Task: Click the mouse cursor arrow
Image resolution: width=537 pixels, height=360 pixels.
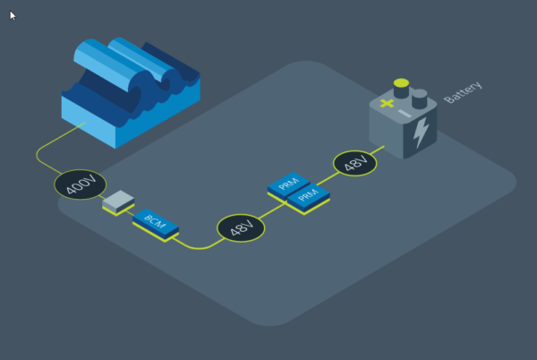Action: tap(13, 15)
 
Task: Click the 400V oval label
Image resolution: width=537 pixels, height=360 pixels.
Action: tap(81, 184)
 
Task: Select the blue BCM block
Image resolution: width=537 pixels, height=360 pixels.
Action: tap(156, 225)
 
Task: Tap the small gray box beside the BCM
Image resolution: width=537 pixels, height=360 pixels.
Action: tap(118, 202)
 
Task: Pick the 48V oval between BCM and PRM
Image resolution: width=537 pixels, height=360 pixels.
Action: tap(241, 227)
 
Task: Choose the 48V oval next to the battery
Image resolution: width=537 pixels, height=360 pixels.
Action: tap(354, 163)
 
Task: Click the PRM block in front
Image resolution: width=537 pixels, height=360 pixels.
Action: tap(308, 199)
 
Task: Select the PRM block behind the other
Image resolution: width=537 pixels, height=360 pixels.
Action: tap(289, 186)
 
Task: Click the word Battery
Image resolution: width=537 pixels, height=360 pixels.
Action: tap(463, 92)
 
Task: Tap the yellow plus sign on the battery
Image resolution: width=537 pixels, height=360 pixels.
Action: tap(387, 103)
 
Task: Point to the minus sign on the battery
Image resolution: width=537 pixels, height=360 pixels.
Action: tap(405, 114)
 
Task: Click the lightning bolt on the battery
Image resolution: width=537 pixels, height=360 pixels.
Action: tap(421, 133)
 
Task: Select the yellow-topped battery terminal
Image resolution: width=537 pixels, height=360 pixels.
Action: tap(401, 89)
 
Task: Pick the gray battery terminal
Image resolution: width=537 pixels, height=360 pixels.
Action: tap(419, 99)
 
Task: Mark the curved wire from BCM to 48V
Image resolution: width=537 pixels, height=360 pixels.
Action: tap(199, 244)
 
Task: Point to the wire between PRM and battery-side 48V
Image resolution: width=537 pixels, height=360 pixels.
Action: tap(328, 179)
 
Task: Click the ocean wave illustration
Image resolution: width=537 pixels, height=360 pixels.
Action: tap(131, 92)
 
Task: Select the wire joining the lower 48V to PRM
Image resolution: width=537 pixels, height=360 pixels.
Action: tap(273, 210)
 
